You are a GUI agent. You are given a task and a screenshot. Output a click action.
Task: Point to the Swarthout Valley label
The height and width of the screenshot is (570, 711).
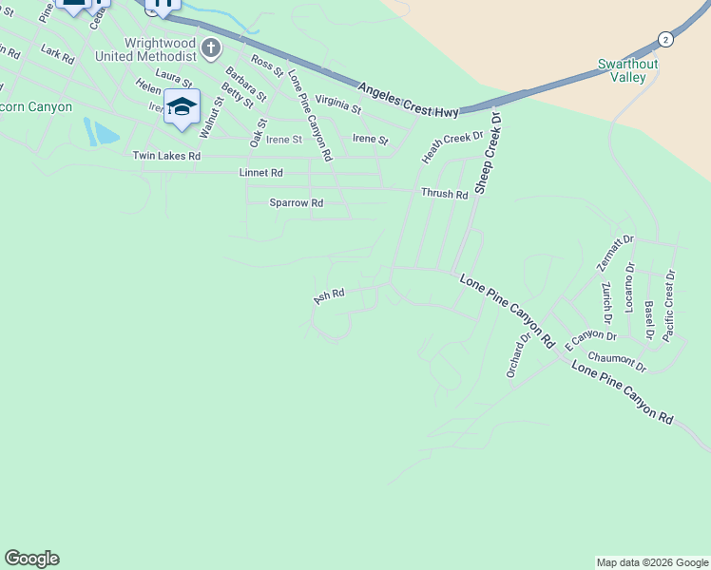627,70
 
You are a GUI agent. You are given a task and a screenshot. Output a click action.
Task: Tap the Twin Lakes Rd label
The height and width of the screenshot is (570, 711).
166,156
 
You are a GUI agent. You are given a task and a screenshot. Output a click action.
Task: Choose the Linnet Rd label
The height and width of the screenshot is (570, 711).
260,173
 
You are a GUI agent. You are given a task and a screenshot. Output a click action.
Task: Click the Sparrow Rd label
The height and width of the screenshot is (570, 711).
296,203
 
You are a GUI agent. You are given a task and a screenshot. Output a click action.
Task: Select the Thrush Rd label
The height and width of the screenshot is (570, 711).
445,194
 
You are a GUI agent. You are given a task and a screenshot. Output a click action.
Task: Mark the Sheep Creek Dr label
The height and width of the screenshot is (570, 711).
488,152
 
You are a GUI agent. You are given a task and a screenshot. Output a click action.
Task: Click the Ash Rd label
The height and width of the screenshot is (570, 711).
328,297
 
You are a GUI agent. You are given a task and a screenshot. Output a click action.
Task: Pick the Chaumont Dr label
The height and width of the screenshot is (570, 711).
617,361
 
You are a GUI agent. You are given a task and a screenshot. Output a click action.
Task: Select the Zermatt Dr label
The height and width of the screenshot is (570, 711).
614,253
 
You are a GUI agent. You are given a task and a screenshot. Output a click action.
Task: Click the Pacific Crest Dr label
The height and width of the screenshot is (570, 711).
670,306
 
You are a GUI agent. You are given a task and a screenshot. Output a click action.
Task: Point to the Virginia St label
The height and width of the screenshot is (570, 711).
338,104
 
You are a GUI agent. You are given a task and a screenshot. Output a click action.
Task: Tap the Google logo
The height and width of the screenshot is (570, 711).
31,559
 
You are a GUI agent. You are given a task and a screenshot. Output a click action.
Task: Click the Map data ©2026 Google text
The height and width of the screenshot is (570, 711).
651,562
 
